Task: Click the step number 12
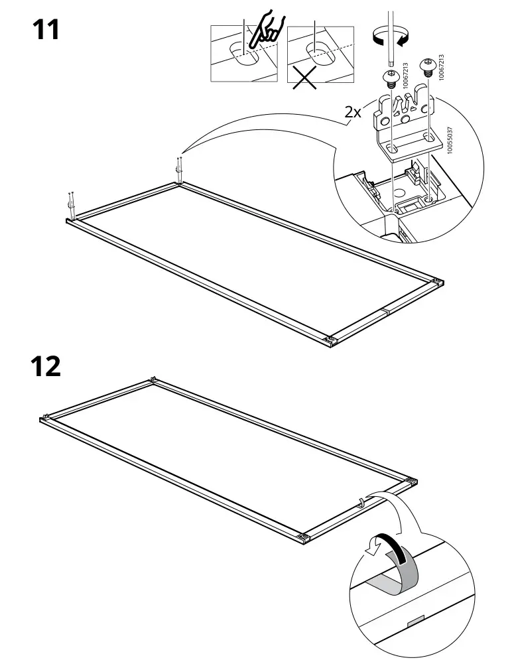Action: pos(46,366)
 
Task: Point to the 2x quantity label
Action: pos(352,112)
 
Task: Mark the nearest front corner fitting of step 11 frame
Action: pos(328,340)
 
